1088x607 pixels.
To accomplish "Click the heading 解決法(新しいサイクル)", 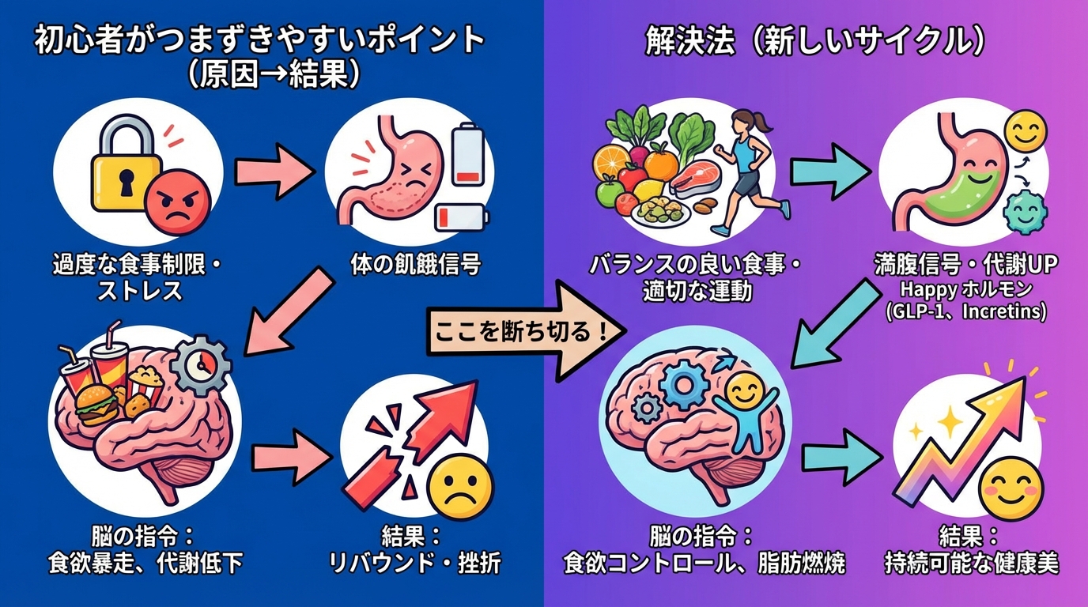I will coord(814,42).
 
